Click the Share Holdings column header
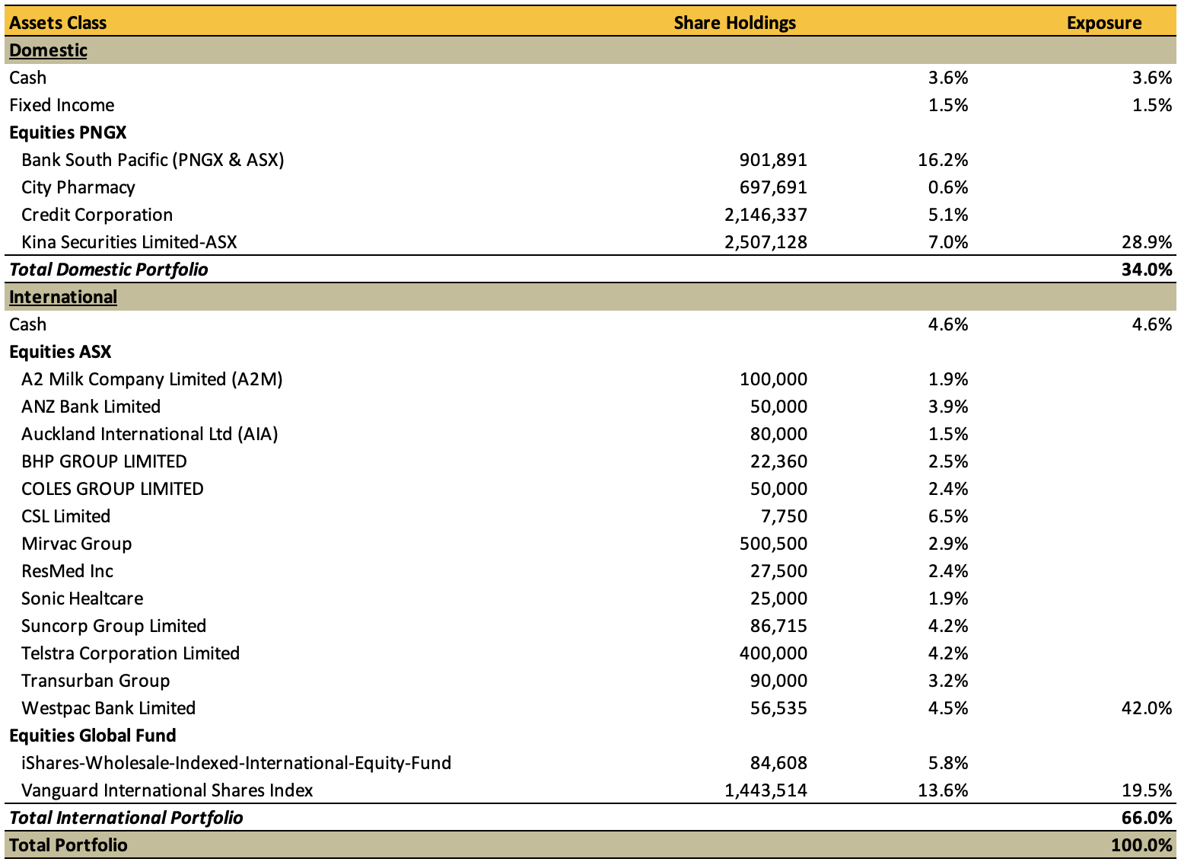tap(734, 23)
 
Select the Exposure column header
tap(1104, 23)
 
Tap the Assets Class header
tap(58, 23)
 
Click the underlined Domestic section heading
tap(48, 50)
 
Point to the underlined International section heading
tap(63, 297)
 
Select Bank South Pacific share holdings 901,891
tap(773, 160)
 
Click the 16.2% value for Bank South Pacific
tap(943, 160)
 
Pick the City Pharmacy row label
tap(78, 187)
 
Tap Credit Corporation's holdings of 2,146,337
tap(766, 215)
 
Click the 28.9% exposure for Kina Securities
tap(1147, 242)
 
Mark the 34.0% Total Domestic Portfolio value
tap(1147, 270)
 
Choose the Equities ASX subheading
tap(60, 352)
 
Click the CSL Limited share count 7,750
tap(784, 516)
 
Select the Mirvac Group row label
tap(76, 544)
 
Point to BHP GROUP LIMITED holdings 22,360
tap(778, 461)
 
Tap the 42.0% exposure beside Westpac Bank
tap(1147, 708)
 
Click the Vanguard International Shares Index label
tap(167, 790)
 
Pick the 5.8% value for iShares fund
tap(948, 763)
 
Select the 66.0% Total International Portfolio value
tap(1147, 818)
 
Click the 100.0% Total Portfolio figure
tap(1141, 845)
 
